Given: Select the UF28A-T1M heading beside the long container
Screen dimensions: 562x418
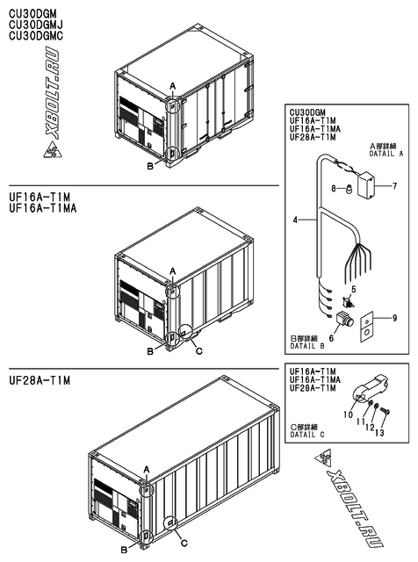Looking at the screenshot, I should [x=38, y=378].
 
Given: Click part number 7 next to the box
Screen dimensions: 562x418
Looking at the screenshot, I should [x=394, y=186].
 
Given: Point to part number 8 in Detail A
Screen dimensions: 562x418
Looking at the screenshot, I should [x=334, y=188].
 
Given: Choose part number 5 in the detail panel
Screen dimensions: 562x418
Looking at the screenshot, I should [x=354, y=289].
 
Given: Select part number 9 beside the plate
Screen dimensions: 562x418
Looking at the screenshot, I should [x=394, y=317].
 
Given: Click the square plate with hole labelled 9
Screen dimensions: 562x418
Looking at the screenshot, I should [x=369, y=324].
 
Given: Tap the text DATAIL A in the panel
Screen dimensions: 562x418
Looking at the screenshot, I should [x=385, y=152].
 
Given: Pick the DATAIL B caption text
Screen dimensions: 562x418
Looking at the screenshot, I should [x=310, y=346].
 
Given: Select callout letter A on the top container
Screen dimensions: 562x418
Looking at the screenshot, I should [x=173, y=85].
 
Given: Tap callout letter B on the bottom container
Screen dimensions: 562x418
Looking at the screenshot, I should [x=125, y=550].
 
